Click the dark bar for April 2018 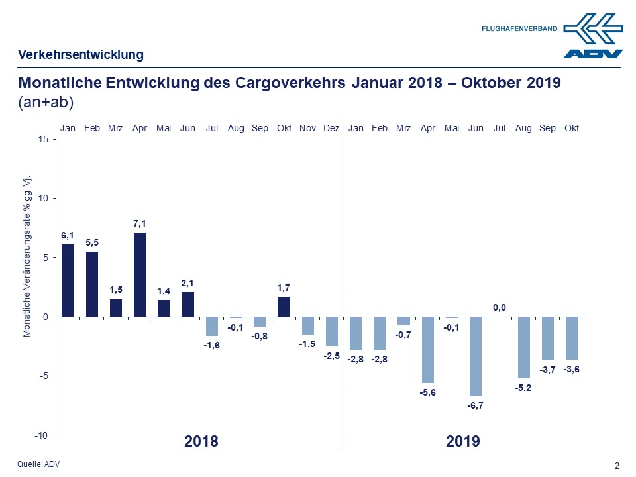click(x=140, y=274)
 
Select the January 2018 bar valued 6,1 click(x=68, y=280)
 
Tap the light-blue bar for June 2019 click(x=476, y=356)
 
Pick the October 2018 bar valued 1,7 click(x=284, y=307)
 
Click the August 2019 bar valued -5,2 click(x=523, y=347)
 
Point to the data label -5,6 click(x=428, y=392)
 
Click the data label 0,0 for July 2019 click(x=500, y=307)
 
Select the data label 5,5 click(x=91, y=242)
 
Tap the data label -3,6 click(x=571, y=369)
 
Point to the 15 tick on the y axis click(x=43, y=139)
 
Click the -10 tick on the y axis click(x=41, y=435)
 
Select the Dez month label click(x=332, y=128)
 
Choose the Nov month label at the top click(x=307, y=128)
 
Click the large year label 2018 click(x=201, y=441)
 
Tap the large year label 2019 click(x=463, y=441)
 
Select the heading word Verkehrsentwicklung click(x=81, y=54)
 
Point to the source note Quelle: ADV click(x=38, y=464)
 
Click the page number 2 click(x=617, y=466)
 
